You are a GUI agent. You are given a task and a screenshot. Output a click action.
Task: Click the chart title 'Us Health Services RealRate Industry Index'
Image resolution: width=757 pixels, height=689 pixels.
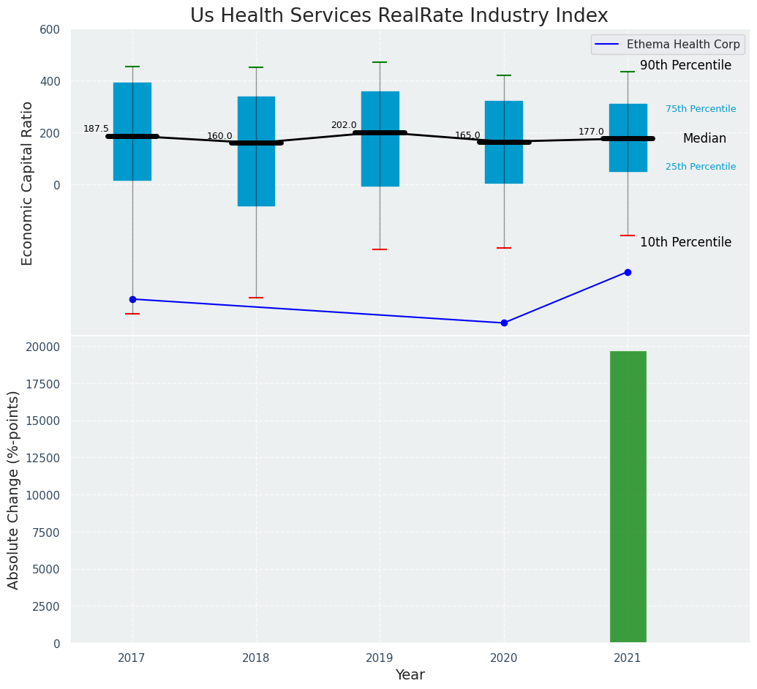[399, 16]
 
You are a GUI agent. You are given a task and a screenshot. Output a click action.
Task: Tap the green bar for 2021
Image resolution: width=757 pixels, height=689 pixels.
[628, 497]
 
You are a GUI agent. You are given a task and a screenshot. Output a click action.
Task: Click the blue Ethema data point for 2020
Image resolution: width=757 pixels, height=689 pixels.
[504, 323]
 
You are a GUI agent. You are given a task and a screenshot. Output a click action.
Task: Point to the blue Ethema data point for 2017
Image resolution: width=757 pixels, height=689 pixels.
[132, 299]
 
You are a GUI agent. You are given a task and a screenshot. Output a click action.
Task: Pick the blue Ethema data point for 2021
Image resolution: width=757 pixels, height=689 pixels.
[628, 272]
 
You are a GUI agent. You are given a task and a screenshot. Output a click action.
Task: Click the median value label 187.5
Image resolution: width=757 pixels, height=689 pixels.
[96, 129]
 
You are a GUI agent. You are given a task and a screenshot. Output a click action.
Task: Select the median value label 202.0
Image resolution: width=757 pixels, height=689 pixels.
[344, 125]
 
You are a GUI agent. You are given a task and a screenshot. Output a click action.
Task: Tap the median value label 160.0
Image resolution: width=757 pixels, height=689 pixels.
[219, 136]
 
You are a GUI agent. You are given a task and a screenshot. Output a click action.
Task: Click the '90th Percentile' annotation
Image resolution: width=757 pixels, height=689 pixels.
[685, 66]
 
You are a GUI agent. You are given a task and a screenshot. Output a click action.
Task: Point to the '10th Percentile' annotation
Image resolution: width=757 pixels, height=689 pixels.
[685, 242]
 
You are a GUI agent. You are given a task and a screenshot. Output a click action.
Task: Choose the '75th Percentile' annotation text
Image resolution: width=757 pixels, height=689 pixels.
[701, 109]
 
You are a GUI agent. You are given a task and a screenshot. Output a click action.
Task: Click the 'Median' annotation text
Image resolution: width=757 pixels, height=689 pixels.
[704, 139]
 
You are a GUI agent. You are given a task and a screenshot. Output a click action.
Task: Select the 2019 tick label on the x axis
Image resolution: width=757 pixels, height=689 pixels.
[380, 658]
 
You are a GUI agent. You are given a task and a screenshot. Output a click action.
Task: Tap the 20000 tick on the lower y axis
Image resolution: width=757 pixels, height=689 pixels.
[46, 347]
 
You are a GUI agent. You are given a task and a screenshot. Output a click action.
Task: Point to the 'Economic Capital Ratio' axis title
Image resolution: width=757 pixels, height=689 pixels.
[28, 183]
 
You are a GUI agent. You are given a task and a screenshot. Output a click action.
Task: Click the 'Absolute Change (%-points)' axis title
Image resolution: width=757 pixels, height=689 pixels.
[14, 489]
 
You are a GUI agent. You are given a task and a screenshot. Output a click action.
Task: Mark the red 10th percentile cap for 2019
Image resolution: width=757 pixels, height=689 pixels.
[380, 249]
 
